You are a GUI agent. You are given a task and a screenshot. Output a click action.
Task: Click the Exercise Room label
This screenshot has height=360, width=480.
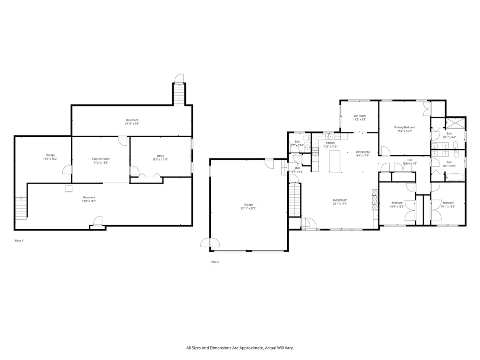[100, 159]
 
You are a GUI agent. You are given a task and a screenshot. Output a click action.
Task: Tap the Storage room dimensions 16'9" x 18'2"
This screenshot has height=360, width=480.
[50, 159]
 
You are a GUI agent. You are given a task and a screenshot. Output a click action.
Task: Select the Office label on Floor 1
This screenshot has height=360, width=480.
[160, 156]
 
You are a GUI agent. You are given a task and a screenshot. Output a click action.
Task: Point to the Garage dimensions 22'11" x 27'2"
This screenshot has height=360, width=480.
[249, 208]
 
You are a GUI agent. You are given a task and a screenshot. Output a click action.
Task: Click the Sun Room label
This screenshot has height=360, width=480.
[359, 116]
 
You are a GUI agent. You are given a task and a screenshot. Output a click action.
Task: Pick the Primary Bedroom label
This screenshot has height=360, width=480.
[404, 127]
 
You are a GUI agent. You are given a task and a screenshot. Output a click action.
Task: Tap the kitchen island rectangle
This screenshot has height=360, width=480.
[334, 161]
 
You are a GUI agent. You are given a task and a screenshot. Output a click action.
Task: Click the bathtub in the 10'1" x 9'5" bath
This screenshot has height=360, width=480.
[455, 177]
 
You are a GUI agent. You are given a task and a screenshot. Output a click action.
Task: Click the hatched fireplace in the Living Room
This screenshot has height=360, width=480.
[374, 199]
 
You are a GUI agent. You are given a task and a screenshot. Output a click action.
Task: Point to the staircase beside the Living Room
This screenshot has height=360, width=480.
[294, 200]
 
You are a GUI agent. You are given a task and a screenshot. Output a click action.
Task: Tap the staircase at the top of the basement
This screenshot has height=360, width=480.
[179, 94]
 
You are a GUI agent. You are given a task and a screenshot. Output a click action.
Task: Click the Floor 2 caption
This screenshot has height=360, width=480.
[215, 262]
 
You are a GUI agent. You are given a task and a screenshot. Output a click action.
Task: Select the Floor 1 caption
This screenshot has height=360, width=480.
[19, 241]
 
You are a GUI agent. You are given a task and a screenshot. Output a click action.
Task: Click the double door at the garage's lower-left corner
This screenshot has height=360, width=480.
[210, 243]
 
